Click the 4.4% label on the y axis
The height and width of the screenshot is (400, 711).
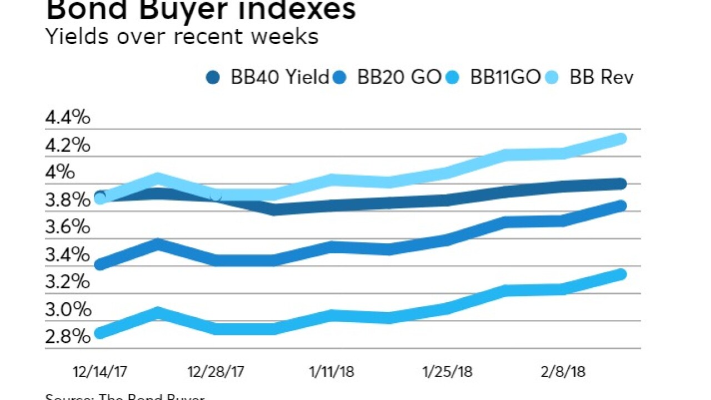[x=68, y=118]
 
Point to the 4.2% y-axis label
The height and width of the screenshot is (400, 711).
[x=68, y=145]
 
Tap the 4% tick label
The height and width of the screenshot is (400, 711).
[x=60, y=172]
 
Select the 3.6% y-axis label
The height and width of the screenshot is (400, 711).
[x=68, y=227]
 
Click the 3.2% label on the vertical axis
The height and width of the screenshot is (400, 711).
[x=68, y=282]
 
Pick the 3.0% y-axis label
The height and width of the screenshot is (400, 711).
[x=68, y=309]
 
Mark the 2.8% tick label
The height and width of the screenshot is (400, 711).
[x=68, y=337]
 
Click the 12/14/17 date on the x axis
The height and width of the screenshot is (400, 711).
[x=100, y=372]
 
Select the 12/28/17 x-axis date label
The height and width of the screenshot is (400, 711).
[x=216, y=372]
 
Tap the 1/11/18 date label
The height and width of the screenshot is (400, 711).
[x=332, y=372]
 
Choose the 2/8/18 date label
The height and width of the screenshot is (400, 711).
[x=562, y=372]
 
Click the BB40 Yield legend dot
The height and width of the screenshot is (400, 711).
[x=213, y=77]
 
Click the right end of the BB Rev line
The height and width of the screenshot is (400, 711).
[x=621, y=138]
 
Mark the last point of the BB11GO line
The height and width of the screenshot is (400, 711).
[x=621, y=274]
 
